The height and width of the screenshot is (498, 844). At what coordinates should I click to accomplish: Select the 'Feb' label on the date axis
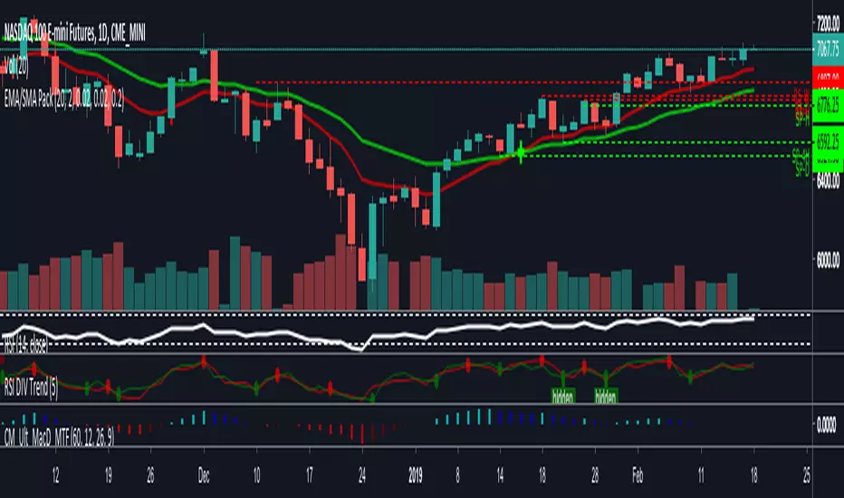(638, 473)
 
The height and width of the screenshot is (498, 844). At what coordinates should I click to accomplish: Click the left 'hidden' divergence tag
(562, 396)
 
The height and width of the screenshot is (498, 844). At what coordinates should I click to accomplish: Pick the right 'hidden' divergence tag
(606, 396)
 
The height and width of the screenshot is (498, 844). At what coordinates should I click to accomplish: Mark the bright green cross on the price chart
(520, 154)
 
